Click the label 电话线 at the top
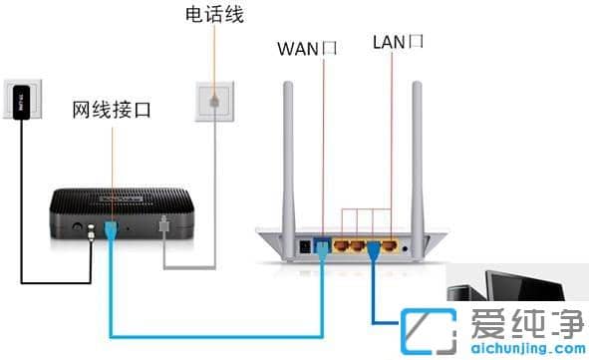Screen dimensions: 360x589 (213, 15)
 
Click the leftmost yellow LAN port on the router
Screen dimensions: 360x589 (341, 242)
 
